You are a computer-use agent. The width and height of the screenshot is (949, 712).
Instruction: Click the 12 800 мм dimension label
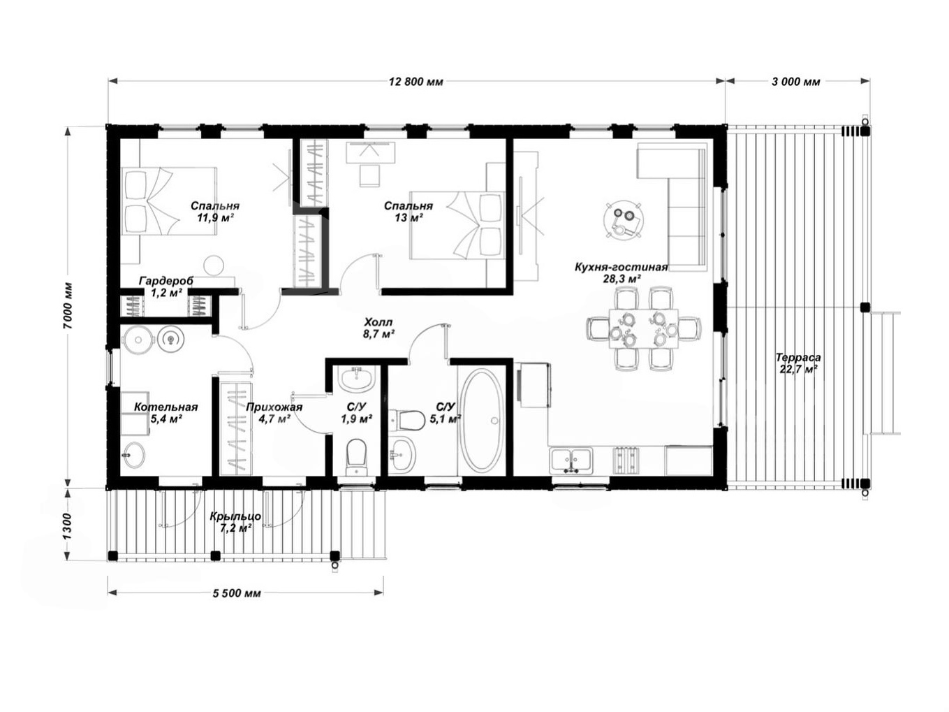click(x=416, y=82)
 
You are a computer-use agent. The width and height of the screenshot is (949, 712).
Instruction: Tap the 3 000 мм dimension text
click(x=795, y=82)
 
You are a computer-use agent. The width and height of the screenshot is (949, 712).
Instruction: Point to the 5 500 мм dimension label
click(x=237, y=593)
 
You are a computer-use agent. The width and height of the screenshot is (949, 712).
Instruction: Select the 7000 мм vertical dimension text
click(x=68, y=306)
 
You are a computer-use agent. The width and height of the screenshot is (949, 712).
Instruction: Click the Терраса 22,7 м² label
click(x=798, y=363)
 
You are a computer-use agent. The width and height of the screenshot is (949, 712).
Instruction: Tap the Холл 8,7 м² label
click(x=378, y=328)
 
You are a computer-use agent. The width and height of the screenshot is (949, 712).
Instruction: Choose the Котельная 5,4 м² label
click(x=165, y=413)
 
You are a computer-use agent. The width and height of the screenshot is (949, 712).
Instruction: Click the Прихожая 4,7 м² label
click(x=274, y=413)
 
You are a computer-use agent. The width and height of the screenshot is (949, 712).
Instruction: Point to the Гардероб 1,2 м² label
click(x=166, y=286)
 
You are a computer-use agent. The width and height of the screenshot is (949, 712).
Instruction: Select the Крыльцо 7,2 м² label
click(x=235, y=522)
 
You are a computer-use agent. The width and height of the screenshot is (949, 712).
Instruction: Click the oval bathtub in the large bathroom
click(x=481, y=420)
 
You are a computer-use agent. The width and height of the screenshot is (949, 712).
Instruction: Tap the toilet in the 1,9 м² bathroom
click(x=356, y=457)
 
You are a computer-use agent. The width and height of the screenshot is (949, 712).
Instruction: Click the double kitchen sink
click(x=571, y=460)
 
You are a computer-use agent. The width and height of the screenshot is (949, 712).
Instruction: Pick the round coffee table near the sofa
click(x=623, y=220)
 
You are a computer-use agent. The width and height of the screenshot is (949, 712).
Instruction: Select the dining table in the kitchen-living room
click(x=643, y=328)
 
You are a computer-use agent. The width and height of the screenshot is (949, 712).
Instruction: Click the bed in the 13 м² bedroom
click(x=457, y=225)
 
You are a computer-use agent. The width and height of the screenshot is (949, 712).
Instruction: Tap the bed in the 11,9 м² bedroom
click(x=168, y=201)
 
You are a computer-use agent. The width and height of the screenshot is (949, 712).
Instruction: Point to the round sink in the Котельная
click(x=134, y=455)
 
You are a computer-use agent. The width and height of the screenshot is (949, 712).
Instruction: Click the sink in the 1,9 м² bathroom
click(x=356, y=379)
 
